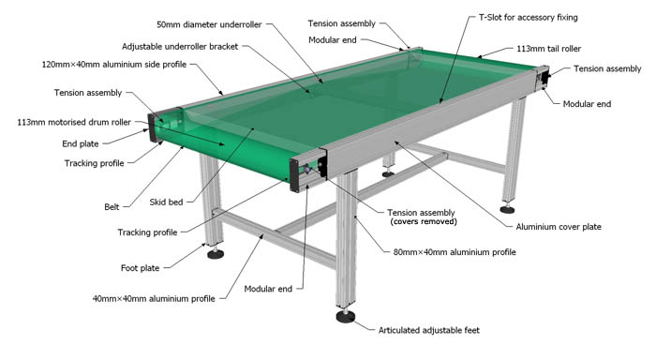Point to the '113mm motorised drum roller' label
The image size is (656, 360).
pyautogui.click(x=74, y=122)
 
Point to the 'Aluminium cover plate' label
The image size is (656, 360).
pyautogui.click(x=558, y=227)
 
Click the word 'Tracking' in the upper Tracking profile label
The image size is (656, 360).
pyautogui.click(x=82, y=162)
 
